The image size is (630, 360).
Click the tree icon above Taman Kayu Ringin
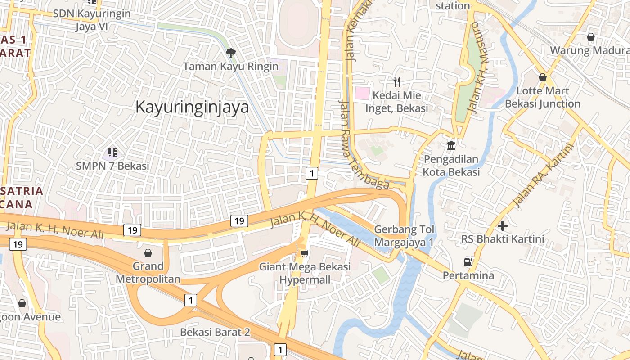tap(231, 53)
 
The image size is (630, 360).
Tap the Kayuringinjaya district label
tap(192, 107)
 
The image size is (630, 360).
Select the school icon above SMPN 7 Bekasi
tap(112, 153)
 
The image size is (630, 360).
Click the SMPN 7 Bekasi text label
tap(112, 166)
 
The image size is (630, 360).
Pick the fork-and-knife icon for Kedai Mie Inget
tap(396, 81)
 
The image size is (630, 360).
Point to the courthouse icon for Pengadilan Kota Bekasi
tap(451, 146)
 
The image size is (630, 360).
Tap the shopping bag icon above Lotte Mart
tap(543, 77)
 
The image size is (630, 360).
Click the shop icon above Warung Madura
tap(591, 37)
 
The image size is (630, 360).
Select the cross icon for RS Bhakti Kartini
tap(503, 225)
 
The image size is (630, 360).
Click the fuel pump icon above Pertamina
tap(468, 262)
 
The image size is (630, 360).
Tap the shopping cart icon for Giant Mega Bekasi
tap(305, 254)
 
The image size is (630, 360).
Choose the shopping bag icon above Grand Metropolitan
tap(148, 253)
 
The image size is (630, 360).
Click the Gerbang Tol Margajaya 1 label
tap(404, 236)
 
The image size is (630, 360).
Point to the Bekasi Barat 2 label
tap(215, 332)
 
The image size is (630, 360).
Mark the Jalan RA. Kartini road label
tap(544, 175)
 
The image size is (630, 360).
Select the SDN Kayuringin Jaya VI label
tap(92, 20)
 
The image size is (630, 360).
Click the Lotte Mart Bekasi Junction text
tap(543, 97)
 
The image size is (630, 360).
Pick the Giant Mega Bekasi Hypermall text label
tap(305, 273)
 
